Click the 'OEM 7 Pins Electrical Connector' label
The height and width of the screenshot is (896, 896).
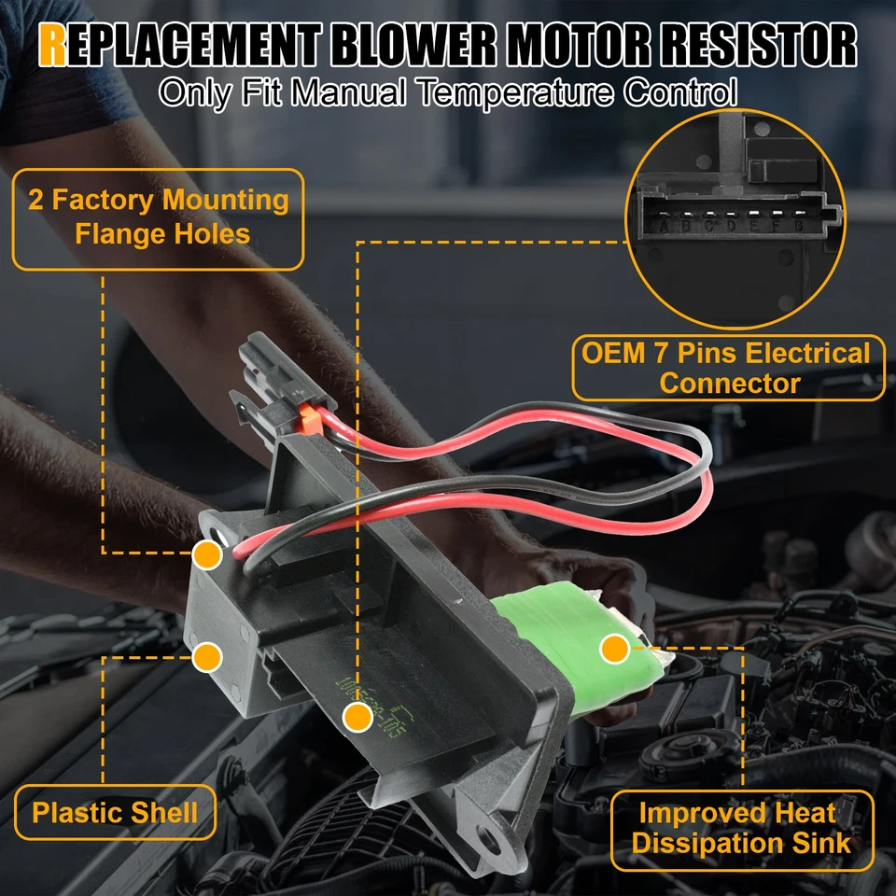click(727, 368)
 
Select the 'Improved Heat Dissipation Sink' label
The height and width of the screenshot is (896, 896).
click(741, 829)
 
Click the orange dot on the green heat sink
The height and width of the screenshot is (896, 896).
click(613, 646)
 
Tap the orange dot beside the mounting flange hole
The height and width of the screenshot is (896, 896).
click(207, 555)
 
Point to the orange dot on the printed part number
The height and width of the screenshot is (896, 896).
click(355, 717)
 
